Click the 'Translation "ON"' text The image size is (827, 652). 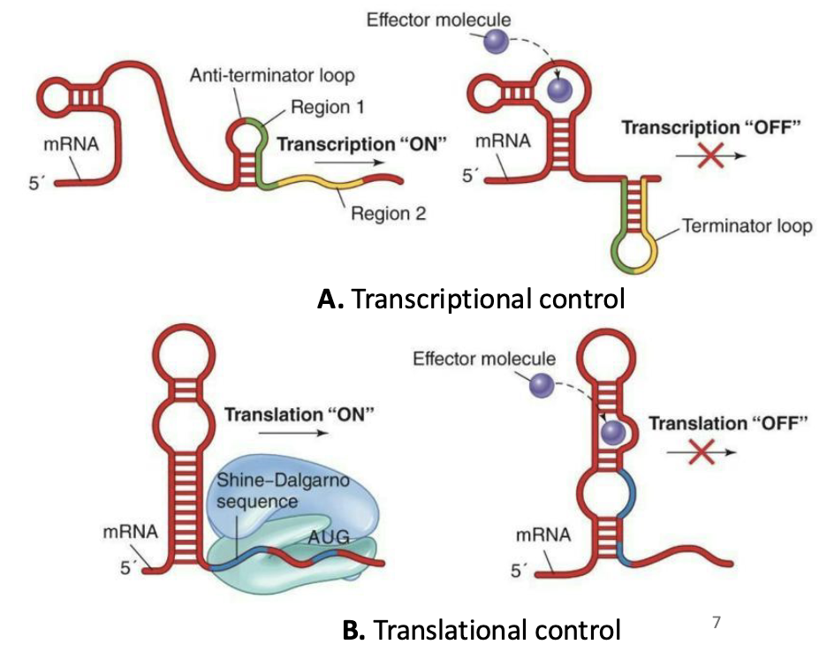(291, 413)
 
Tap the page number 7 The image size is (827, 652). (717, 623)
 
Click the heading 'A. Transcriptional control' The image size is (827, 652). (471, 299)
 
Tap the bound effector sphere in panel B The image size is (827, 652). (613, 431)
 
